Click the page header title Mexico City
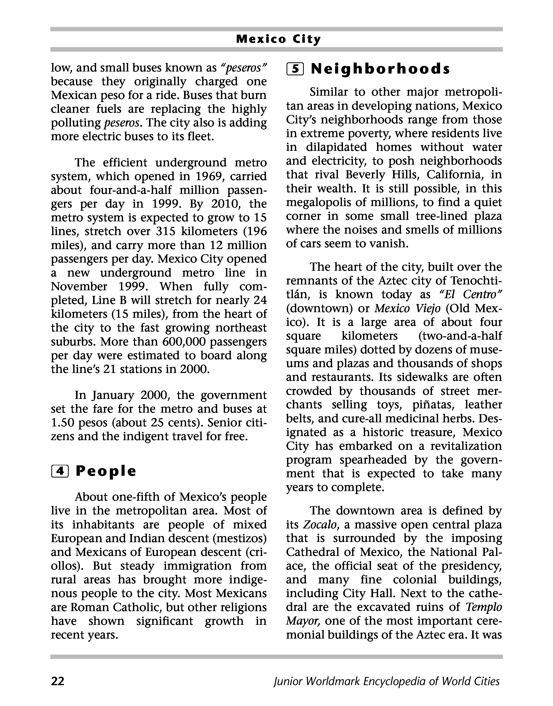coord(278,39)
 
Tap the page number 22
coord(58,681)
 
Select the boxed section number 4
coord(60,471)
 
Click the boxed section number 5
coord(295,69)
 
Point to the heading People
coord(106,471)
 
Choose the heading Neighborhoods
coord(380,69)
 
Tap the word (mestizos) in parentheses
coord(240,538)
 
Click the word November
coord(79,286)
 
